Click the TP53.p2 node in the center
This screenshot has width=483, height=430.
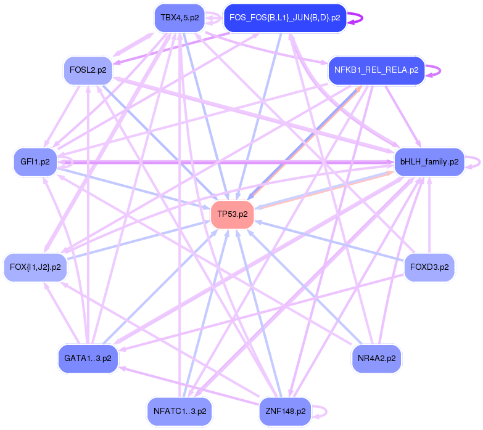233,214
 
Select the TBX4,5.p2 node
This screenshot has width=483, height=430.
180,18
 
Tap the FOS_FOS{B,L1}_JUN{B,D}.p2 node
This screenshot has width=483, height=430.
284,18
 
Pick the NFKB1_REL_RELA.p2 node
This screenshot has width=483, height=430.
376,70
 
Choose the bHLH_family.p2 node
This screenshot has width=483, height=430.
429,162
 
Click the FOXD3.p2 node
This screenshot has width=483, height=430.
429,267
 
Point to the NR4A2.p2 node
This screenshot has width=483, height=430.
376,357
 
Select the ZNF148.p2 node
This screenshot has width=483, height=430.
285,411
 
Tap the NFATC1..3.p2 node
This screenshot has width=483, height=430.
180,411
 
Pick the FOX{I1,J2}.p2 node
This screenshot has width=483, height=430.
35,267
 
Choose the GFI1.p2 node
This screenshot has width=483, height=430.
35,162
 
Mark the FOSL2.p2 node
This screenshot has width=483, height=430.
88,70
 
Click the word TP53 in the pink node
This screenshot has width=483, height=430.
228,214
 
